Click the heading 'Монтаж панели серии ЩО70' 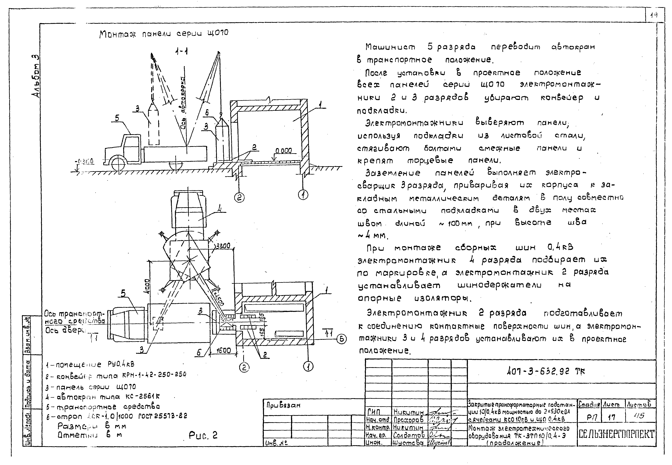tap(164, 34)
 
